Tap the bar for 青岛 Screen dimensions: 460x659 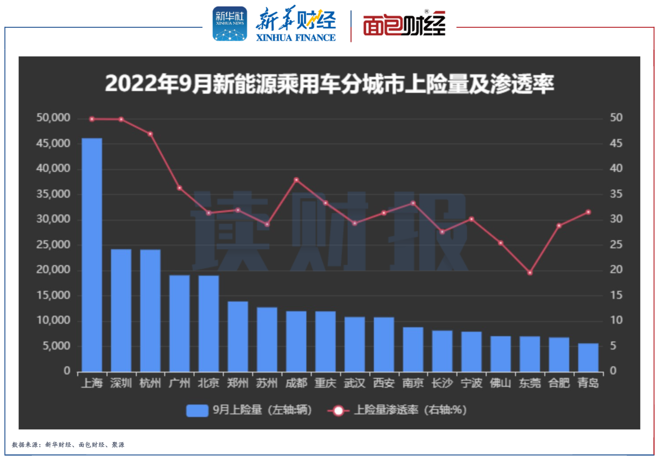pyautogui.click(x=588, y=357)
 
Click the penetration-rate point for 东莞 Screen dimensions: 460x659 pyautogui.click(x=530, y=273)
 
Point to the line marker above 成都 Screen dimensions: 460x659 pyautogui.click(x=296, y=180)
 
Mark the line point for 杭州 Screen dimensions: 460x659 pyautogui.click(x=150, y=134)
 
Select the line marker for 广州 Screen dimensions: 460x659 pyautogui.click(x=179, y=188)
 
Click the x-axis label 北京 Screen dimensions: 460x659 pyautogui.click(x=208, y=383)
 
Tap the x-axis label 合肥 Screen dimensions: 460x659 pyautogui.click(x=559, y=383)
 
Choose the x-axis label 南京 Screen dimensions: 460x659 pyautogui.click(x=413, y=383)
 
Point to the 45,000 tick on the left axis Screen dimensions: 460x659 pyautogui.click(x=53, y=143)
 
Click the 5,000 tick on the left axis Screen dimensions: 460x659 pyautogui.click(x=56, y=346)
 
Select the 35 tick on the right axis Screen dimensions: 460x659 pyautogui.click(x=616, y=194)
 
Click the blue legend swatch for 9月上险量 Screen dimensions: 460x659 pyautogui.click(x=197, y=410)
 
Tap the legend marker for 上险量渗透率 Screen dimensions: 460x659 pyautogui.click(x=338, y=410)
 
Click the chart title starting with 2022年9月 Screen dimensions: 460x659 pyautogui.click(x=329, y=84)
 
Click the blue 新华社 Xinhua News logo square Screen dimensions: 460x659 pyautogui.click(x=229, y=24)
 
